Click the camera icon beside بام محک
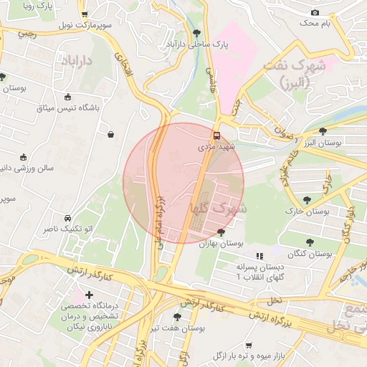(315, 12)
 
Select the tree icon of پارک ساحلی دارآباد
(197, 33)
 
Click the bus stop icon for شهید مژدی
(216, 135)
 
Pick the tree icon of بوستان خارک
(308, 200)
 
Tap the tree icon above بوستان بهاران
(221, 232)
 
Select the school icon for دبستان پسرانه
(259, 255)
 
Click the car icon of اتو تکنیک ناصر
(67, 218)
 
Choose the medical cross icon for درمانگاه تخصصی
(90, 295)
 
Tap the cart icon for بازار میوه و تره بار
(249, 345)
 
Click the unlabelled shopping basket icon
(111, 133)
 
